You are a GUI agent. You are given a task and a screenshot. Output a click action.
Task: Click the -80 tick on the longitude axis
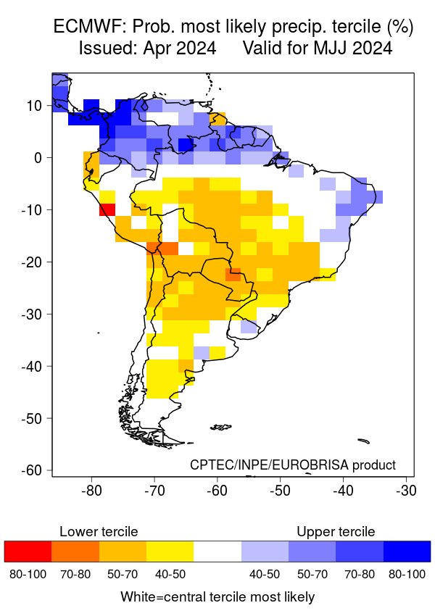pos(91,491)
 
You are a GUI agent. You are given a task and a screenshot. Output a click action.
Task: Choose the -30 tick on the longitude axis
pos(405,491)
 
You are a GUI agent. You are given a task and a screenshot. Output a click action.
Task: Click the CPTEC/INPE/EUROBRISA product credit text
pos(293,465)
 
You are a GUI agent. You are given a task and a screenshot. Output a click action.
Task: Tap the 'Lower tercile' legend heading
pos(99,532)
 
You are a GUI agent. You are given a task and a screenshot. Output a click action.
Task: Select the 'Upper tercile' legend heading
pos(336,532)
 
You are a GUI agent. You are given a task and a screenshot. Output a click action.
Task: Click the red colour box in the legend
pos(28,552)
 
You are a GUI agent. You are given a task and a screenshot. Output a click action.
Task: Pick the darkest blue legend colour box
pos(407,552)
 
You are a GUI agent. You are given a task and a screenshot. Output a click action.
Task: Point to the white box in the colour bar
pos(217,552)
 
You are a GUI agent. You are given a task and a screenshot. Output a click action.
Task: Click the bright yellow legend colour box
pos(170,552)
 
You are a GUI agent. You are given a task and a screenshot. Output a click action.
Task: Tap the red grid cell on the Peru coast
pos(107,209)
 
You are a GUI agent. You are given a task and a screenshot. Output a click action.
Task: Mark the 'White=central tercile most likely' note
pos(217,597)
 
